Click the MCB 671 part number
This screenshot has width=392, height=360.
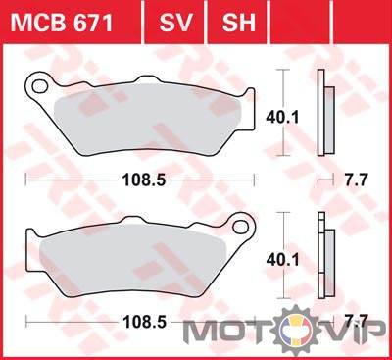(x=62, y=23)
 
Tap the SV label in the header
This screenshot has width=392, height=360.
(x=175, y=23)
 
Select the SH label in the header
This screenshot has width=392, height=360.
(x=238, y=23)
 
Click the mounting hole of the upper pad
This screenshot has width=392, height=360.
(x=40, y=87)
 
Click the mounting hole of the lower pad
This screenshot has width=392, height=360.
(x=241, y=227)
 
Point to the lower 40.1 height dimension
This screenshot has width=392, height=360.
(x=282, y=260)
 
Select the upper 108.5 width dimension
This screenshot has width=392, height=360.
(x=144, y=180)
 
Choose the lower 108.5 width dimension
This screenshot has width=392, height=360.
(x=144, y=322)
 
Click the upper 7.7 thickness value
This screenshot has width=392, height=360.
(x=357, y=180)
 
